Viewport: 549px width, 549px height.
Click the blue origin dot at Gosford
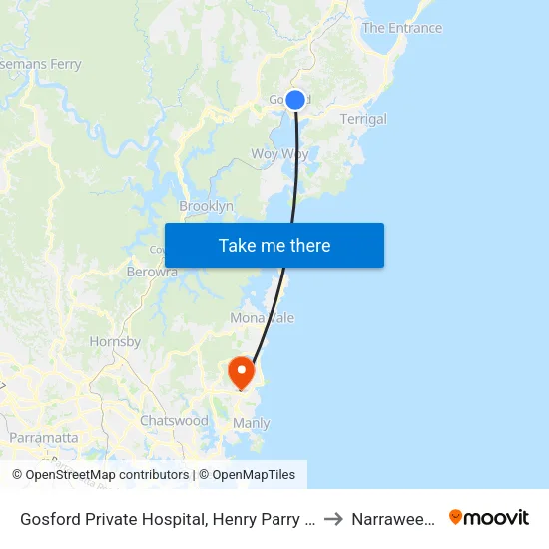[x=295, y=99]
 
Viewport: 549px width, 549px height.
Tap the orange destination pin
[x=242, y=372]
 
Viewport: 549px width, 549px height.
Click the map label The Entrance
[x=401, y=28]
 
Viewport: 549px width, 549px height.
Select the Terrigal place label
[x=363, y=119]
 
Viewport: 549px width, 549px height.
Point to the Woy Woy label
[x=279, y=154]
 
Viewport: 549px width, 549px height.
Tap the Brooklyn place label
[x=206, y=206]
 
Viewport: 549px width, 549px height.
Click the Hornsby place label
[x=115, y=341]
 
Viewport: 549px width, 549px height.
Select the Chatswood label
[x=174, y=421]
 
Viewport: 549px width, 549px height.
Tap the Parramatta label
[x=44, y=438]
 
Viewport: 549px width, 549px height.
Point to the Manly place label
[x=251, y=423]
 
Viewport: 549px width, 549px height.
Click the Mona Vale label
[x=263, y=318]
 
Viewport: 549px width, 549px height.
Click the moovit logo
[x=489, y=518]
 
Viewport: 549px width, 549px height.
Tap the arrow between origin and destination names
[x=334, y=519]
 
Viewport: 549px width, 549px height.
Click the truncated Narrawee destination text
[x=393, y=519]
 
